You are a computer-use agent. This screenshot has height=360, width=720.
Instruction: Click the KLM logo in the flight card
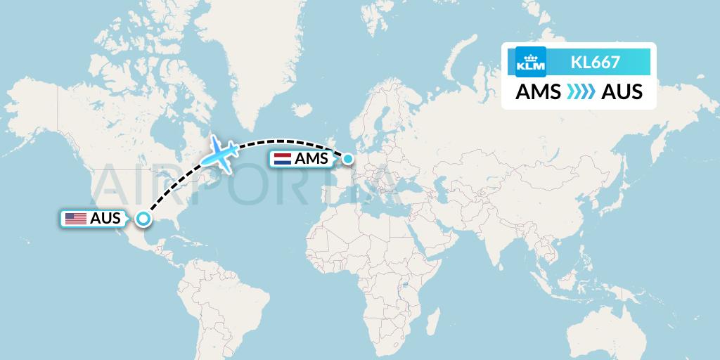pos(530,62)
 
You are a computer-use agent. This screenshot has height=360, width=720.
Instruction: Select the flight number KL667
pos(595,62)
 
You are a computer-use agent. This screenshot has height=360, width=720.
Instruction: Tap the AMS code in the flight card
pos(538,92)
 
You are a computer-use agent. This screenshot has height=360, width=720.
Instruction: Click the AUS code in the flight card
pos(622,92)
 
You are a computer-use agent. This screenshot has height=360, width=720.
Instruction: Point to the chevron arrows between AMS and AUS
pos(581,92)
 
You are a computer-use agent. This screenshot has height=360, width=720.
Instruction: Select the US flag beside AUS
pos(76,219)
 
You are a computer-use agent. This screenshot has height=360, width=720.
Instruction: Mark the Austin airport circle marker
pos(143,219)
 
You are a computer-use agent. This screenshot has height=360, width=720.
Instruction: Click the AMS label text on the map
pos(311,160)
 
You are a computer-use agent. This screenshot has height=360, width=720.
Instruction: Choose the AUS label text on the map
pos(105,219)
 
